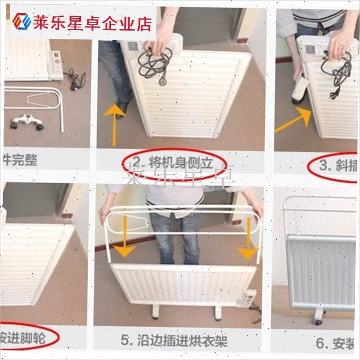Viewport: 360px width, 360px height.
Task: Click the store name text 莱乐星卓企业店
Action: [x=93, y=22]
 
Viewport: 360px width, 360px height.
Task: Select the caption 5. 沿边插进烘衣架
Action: [x=174, y=341]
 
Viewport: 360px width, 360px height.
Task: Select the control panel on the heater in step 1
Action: [x=56, y=66]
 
